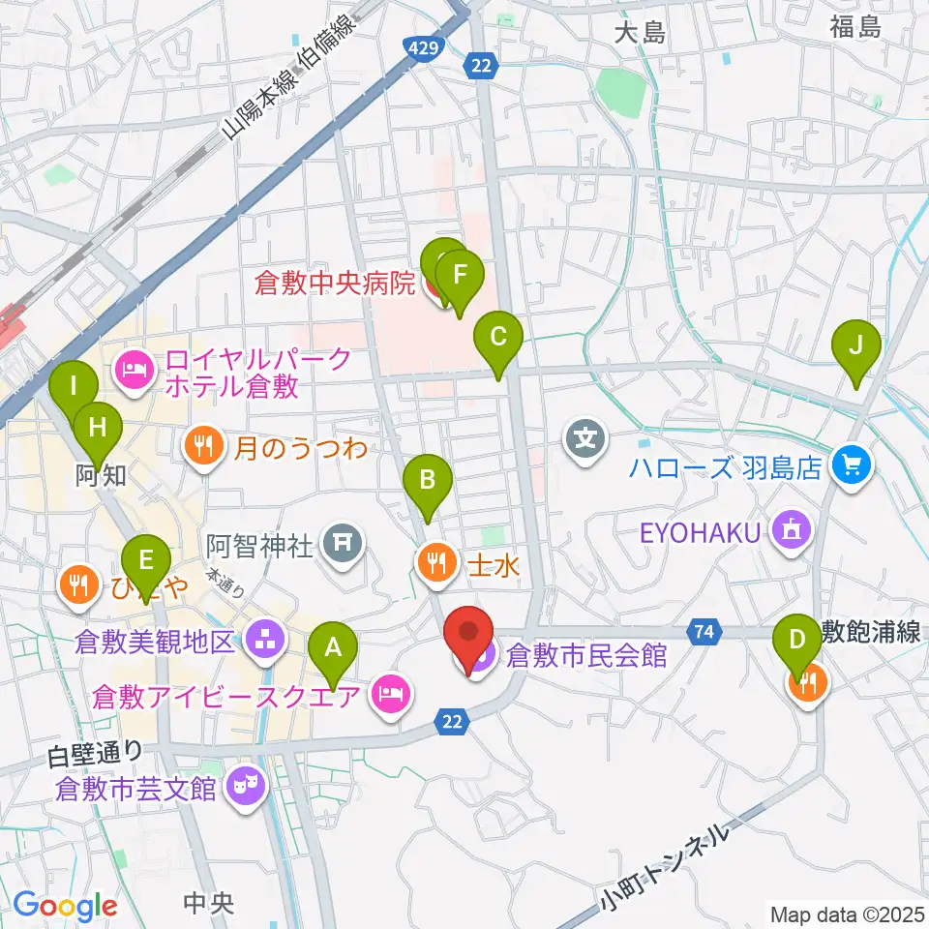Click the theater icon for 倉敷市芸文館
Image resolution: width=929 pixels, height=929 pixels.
(240, 783)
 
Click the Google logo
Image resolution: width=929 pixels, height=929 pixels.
(66, 906)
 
